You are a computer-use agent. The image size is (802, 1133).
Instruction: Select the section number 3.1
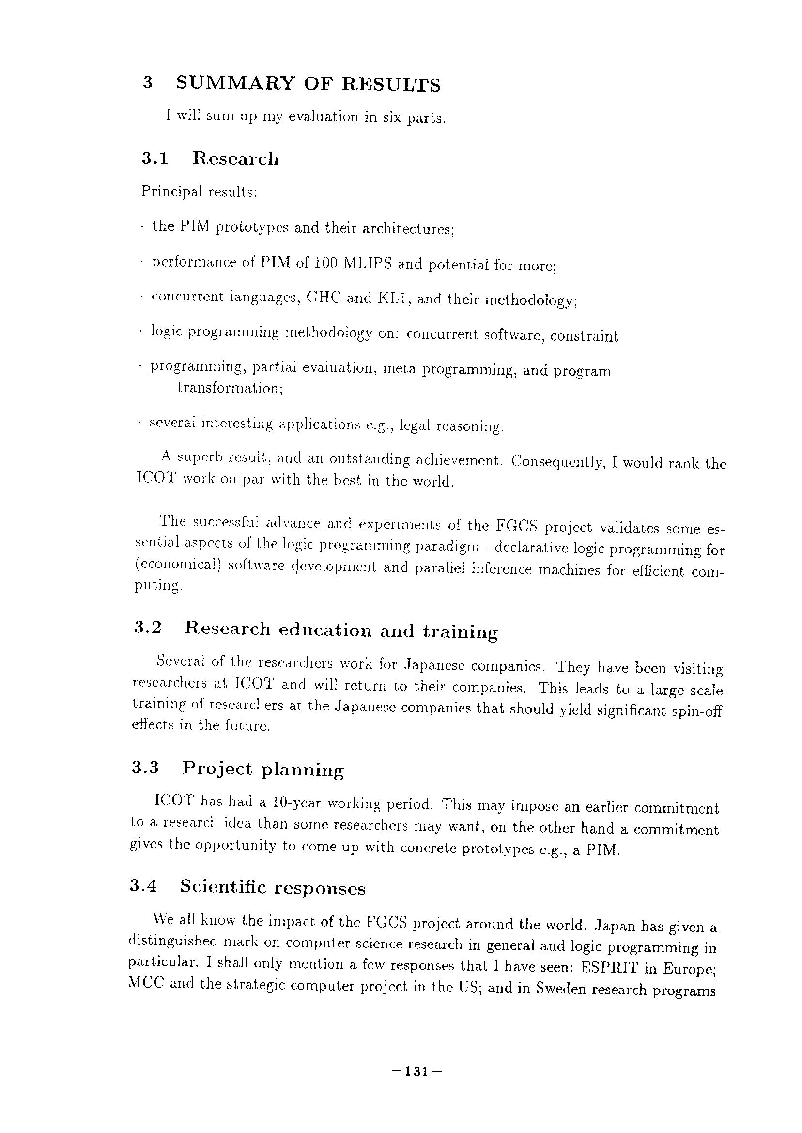pos(154,159)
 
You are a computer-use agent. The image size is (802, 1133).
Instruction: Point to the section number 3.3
pos(145,767)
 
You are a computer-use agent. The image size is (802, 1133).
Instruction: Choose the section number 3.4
pos(143,886)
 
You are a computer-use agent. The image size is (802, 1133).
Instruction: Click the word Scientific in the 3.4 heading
pos(222,887)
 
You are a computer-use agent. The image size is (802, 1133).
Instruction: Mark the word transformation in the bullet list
pos(230,388)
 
